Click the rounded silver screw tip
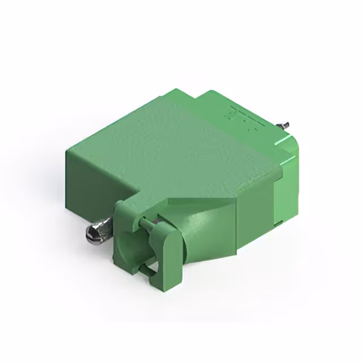tap(90, 233)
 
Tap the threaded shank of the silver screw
tap(105, 227)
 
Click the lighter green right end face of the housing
tap(289, 187)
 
